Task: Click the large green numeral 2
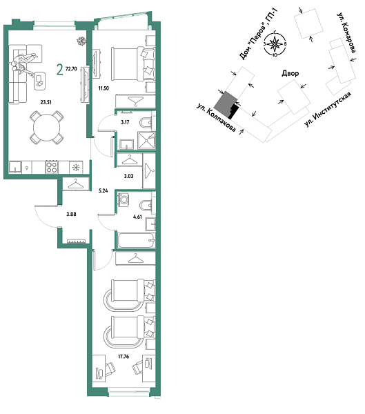pos(61,69)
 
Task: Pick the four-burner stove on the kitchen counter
pos(51,166)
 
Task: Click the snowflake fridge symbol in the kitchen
pos(76,166)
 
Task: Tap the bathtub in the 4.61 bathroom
pos(135,241)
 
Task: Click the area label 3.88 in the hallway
pos(71,215)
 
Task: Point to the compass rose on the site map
pos(276,46)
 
